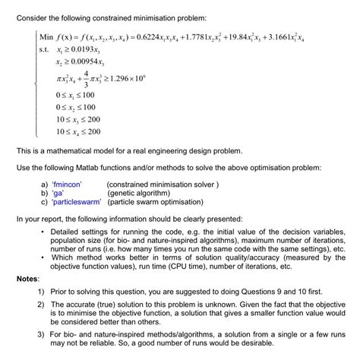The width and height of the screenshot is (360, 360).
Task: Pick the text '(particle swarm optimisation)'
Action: [x=158, y=202]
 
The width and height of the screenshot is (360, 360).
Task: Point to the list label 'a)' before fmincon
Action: [x=44, y=184]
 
